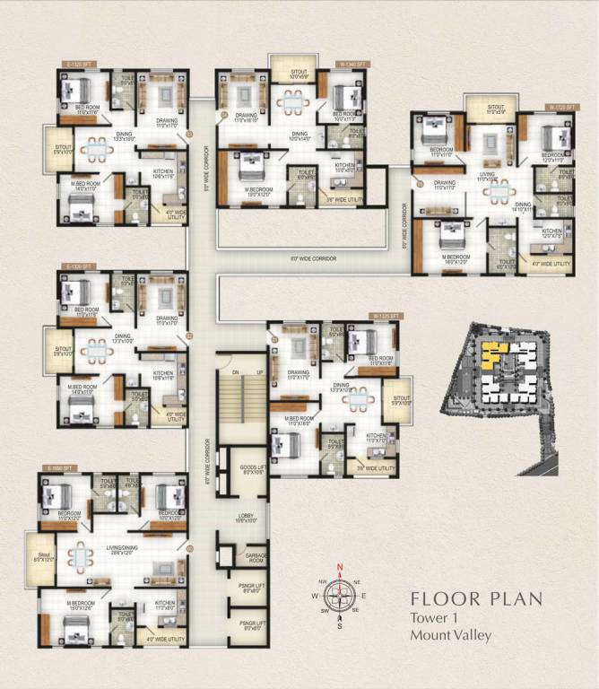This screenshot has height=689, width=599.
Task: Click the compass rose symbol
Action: point(339,595)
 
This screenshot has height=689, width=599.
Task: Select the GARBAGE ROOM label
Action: point(256,557)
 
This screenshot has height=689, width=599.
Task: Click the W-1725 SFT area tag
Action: point(561,107)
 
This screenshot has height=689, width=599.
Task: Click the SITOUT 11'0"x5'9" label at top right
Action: point(496,109)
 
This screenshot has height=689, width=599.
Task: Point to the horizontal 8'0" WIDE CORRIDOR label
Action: point(313,257)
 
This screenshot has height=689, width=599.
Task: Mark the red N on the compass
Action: point(339,566)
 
